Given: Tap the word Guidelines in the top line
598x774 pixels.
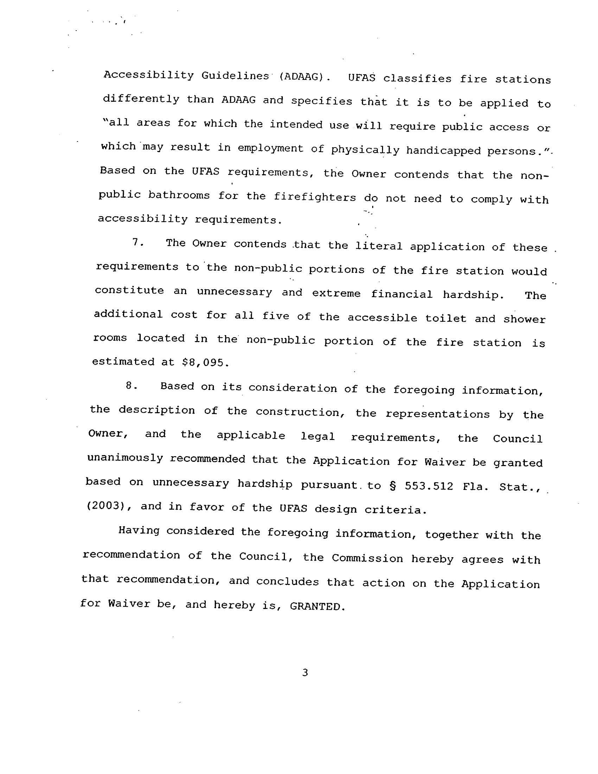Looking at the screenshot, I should [235, 76].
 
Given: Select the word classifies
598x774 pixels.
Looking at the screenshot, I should [417, 78].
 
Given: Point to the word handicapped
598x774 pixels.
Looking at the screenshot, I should [443, 151].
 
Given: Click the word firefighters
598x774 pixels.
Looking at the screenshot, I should [315, 197].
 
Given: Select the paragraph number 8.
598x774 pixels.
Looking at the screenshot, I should [131, 385].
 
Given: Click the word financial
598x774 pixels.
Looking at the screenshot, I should [402, 294].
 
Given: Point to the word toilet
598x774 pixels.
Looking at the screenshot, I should [446, 318].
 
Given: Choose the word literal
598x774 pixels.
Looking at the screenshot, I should [379, 246].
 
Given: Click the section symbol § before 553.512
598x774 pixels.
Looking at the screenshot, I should [392, 485].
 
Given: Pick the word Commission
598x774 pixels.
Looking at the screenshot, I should [367, 558].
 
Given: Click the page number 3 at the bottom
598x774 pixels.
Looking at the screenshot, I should [305, 672].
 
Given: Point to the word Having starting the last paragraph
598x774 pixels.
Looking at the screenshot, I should [139, 530].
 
